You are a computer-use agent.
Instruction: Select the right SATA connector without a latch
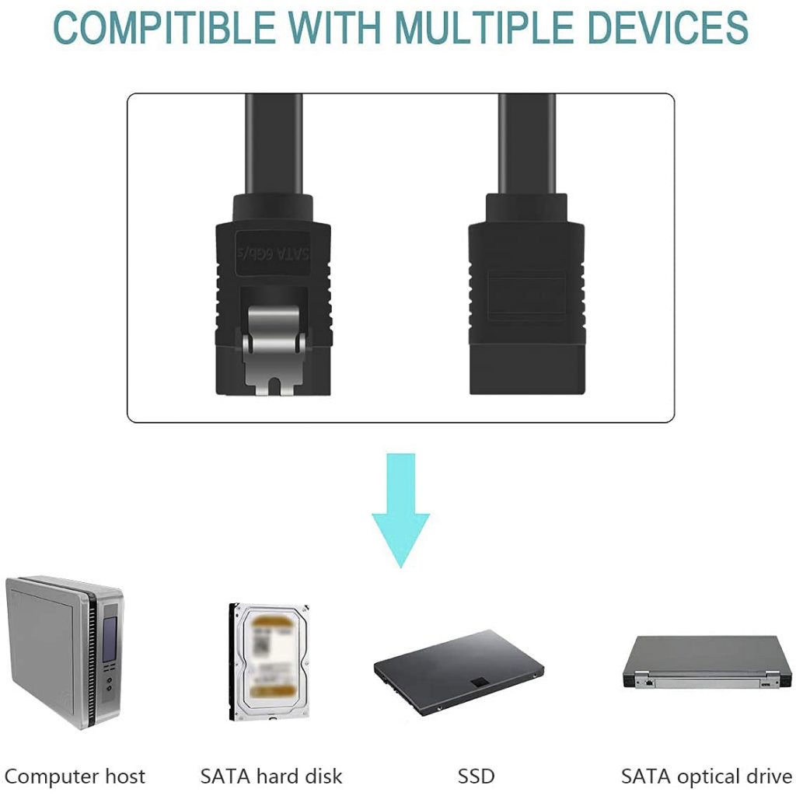point(526,295)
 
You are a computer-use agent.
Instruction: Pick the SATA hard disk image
point(269,661)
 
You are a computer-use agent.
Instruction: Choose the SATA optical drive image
point(707,662)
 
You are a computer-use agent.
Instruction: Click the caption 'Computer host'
point(75,776)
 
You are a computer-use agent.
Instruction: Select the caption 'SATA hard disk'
point(271,776)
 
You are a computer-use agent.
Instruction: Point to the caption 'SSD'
point(476,776)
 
